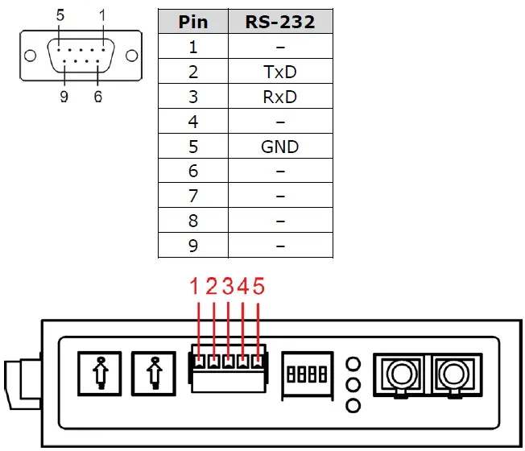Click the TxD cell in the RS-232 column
[x=279, y=72]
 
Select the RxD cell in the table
[x=279, y=97]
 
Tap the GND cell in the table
[x=279, y=147]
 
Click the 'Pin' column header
[x=192, y=22]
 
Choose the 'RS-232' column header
[x=279, y=22]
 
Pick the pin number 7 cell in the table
[x=192, y=197]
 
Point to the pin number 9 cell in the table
[x=192, y=246]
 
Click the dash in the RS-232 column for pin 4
[x=279, y=122]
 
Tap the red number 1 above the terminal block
[x=194, y=287]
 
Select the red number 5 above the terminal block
[x=258, y=287]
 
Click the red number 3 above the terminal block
[x=227, y=287]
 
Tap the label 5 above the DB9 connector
[x=61, y=15]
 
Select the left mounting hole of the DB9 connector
[x=30, y=57]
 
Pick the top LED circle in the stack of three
[x=352, y=362]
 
